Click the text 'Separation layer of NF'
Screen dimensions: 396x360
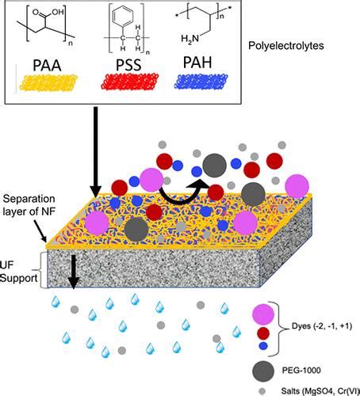pyautogui.click(x=28, y=209)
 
